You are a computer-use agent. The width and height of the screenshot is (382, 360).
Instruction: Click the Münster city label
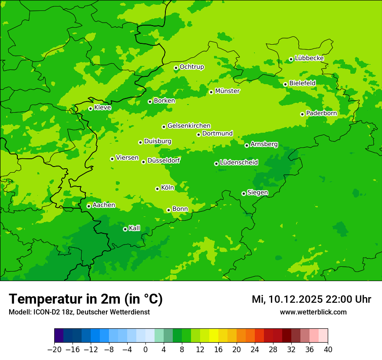[x=227, y=91]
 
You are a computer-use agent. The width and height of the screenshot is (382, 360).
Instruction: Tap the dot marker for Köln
[x=157, y=189]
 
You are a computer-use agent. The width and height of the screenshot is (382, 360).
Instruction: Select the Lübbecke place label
[x=310, y=58]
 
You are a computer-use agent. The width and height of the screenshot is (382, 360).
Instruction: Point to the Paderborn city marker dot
[x=302, y=114]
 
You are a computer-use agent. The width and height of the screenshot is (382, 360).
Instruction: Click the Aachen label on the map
[x=104, y=205]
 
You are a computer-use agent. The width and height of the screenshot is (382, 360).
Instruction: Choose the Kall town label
[x=135, y=228]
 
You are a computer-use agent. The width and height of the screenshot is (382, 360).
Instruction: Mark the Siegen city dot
[x=244, y=193]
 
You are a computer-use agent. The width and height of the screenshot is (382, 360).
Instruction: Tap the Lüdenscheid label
[x=239, y=163]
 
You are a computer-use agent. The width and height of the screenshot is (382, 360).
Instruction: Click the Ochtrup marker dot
[x=176, y=68]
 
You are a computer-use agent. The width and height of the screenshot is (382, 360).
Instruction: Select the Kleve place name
[x=102, y=108]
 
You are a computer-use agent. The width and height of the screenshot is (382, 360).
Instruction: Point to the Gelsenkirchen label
[x=189, y=126]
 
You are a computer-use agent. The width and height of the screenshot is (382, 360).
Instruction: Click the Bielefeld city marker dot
[x=285, y=84]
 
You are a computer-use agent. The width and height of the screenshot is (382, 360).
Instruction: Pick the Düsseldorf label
[x=164, y=160]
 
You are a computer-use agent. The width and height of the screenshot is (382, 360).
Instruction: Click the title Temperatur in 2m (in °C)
[x=86, y=299]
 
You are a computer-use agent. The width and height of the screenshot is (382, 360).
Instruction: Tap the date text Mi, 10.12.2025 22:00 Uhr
[x=311, y=299]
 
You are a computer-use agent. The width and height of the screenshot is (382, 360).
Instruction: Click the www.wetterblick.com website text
[x=313, y=312]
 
